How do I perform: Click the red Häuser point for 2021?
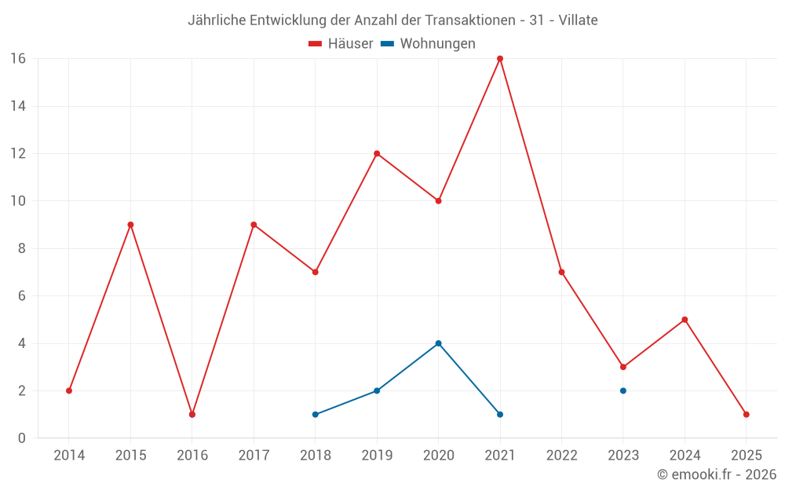click(x=500, y=59)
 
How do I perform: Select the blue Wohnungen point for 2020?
click(x=438, y=343)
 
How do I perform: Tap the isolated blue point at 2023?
click(x=623, y=390)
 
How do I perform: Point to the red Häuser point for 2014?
click(x=69, y=390)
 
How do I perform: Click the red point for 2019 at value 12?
click(x=377, y=153)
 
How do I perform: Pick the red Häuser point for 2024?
click(x=685, y=320)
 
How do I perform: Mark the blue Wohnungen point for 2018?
click(x=315, y=414)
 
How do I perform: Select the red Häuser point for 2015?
click(x=130, y=225)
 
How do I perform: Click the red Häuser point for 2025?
click(x=747, y=414)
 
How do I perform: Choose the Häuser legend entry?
click(x=341, y=44)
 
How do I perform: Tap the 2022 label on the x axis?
click(x=562, y=455)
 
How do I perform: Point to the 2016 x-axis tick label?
click(x=192, y=455)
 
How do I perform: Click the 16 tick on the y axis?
click(x=17, y=59)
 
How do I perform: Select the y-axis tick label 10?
click(x=17, y=201)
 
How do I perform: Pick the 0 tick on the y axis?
click(x=21, y=438)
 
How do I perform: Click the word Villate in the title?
click(x=578, y=20)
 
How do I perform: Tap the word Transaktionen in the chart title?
click(x=468, y=20)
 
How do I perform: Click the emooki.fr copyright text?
click(x=717, y=475)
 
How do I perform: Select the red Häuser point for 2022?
click(x=561, y=272)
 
